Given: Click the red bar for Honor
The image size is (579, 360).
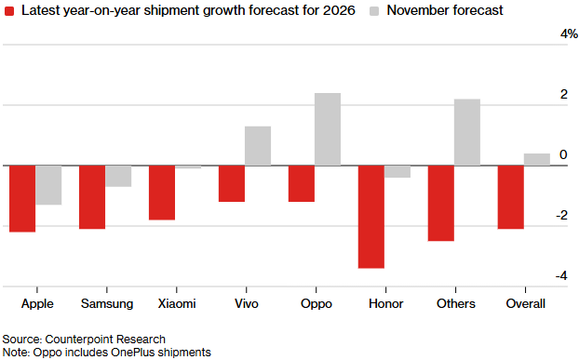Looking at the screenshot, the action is coord(371,217).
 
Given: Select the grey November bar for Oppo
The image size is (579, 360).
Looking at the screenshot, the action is coord(328,129).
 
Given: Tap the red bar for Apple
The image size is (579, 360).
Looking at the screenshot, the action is coord(22,199).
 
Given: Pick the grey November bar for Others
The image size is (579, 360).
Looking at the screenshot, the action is coord(467,132).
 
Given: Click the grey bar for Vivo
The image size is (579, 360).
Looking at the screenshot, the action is coord(258,146).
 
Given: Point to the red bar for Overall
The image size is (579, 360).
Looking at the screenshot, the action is coord(511,197).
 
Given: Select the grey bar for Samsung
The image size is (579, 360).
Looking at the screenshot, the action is coord(118,177).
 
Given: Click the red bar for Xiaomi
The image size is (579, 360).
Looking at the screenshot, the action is coord(162,193).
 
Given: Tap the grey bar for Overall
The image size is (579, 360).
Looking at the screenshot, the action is coord(537,160).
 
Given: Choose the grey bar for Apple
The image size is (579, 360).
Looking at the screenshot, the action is coord(48,185).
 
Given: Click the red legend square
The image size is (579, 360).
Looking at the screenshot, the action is coord(9,11).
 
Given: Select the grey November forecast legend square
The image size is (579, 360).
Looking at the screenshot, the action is coord(374,11).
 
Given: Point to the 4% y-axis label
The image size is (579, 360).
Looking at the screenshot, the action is coord(569,33).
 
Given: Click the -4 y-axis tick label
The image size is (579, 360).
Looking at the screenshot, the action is coord(561,275).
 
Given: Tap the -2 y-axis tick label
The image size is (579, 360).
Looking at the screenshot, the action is coord(561,215).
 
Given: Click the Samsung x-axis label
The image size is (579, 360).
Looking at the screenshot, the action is coord(107,304).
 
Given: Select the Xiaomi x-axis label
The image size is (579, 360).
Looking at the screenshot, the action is coord(177,303).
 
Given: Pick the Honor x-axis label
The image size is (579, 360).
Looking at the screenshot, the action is coord(386,303).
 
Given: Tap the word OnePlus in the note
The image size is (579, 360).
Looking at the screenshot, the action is coord(133,353).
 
